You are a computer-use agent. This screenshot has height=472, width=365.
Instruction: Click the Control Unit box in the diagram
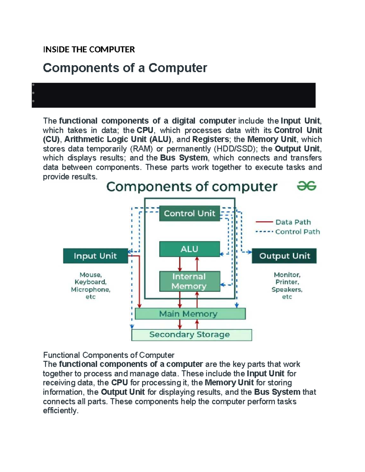[x=189, y=214]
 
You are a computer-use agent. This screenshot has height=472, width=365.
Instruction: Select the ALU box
[x=189, y=249]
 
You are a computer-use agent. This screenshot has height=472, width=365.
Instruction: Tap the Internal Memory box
[x=189, y=281]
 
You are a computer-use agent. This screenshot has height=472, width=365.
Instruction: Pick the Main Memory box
[x=190, y=314]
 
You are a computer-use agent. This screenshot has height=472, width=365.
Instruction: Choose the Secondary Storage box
[x=191, y=335]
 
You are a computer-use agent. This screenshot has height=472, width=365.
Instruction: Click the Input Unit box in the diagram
[x=95, y=256]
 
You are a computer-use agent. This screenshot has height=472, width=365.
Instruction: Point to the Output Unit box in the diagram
[x=284, y=256]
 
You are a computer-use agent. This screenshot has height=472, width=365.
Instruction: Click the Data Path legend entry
[x=293, y=222]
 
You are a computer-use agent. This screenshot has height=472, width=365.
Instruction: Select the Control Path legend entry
[x=297, y=232]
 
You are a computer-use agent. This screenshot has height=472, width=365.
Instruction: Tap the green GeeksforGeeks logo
[x=307, y=186]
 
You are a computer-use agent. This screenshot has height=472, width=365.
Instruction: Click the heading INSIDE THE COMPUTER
[x=89, y=50]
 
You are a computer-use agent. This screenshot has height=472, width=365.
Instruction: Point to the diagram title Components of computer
[x=192, y=187]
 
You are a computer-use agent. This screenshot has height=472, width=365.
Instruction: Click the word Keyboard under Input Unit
[x=90, y=282]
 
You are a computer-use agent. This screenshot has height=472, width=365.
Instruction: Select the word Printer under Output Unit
[x=287, y=282]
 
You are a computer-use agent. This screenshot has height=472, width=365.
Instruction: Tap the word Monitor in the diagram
[x=287, y=275]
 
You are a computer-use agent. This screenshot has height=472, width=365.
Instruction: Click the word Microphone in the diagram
[x=91, y=290]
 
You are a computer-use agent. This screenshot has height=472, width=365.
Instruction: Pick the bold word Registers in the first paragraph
[x=210, y=140]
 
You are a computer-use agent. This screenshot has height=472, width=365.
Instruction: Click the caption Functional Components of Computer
[x=109, y=355]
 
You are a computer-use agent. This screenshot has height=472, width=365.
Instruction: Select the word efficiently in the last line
[x=61, y=411]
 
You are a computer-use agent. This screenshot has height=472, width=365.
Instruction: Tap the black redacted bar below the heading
[x=173, y=95]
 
